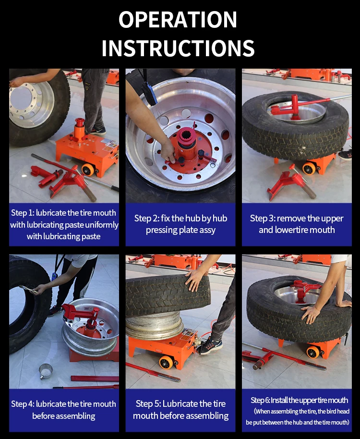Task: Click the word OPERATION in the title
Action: tap(178, 20)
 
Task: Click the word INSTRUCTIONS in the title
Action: tap(178, 48)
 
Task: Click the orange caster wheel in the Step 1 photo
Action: tap(88, 170)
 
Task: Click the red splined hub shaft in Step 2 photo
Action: tap(187, 140)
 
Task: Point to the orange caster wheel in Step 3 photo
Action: tap(309, 168)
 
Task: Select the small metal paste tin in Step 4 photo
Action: tap(46, 371)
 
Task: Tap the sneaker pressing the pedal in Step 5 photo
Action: tap(209, 346)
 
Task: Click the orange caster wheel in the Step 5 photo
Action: tap(166, 362)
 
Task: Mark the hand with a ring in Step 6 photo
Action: tap(310, 314)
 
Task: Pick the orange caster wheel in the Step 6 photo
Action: tap(313, 352)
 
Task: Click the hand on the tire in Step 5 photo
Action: tap(195, 279)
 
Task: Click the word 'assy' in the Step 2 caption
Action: tap(207, 231)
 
